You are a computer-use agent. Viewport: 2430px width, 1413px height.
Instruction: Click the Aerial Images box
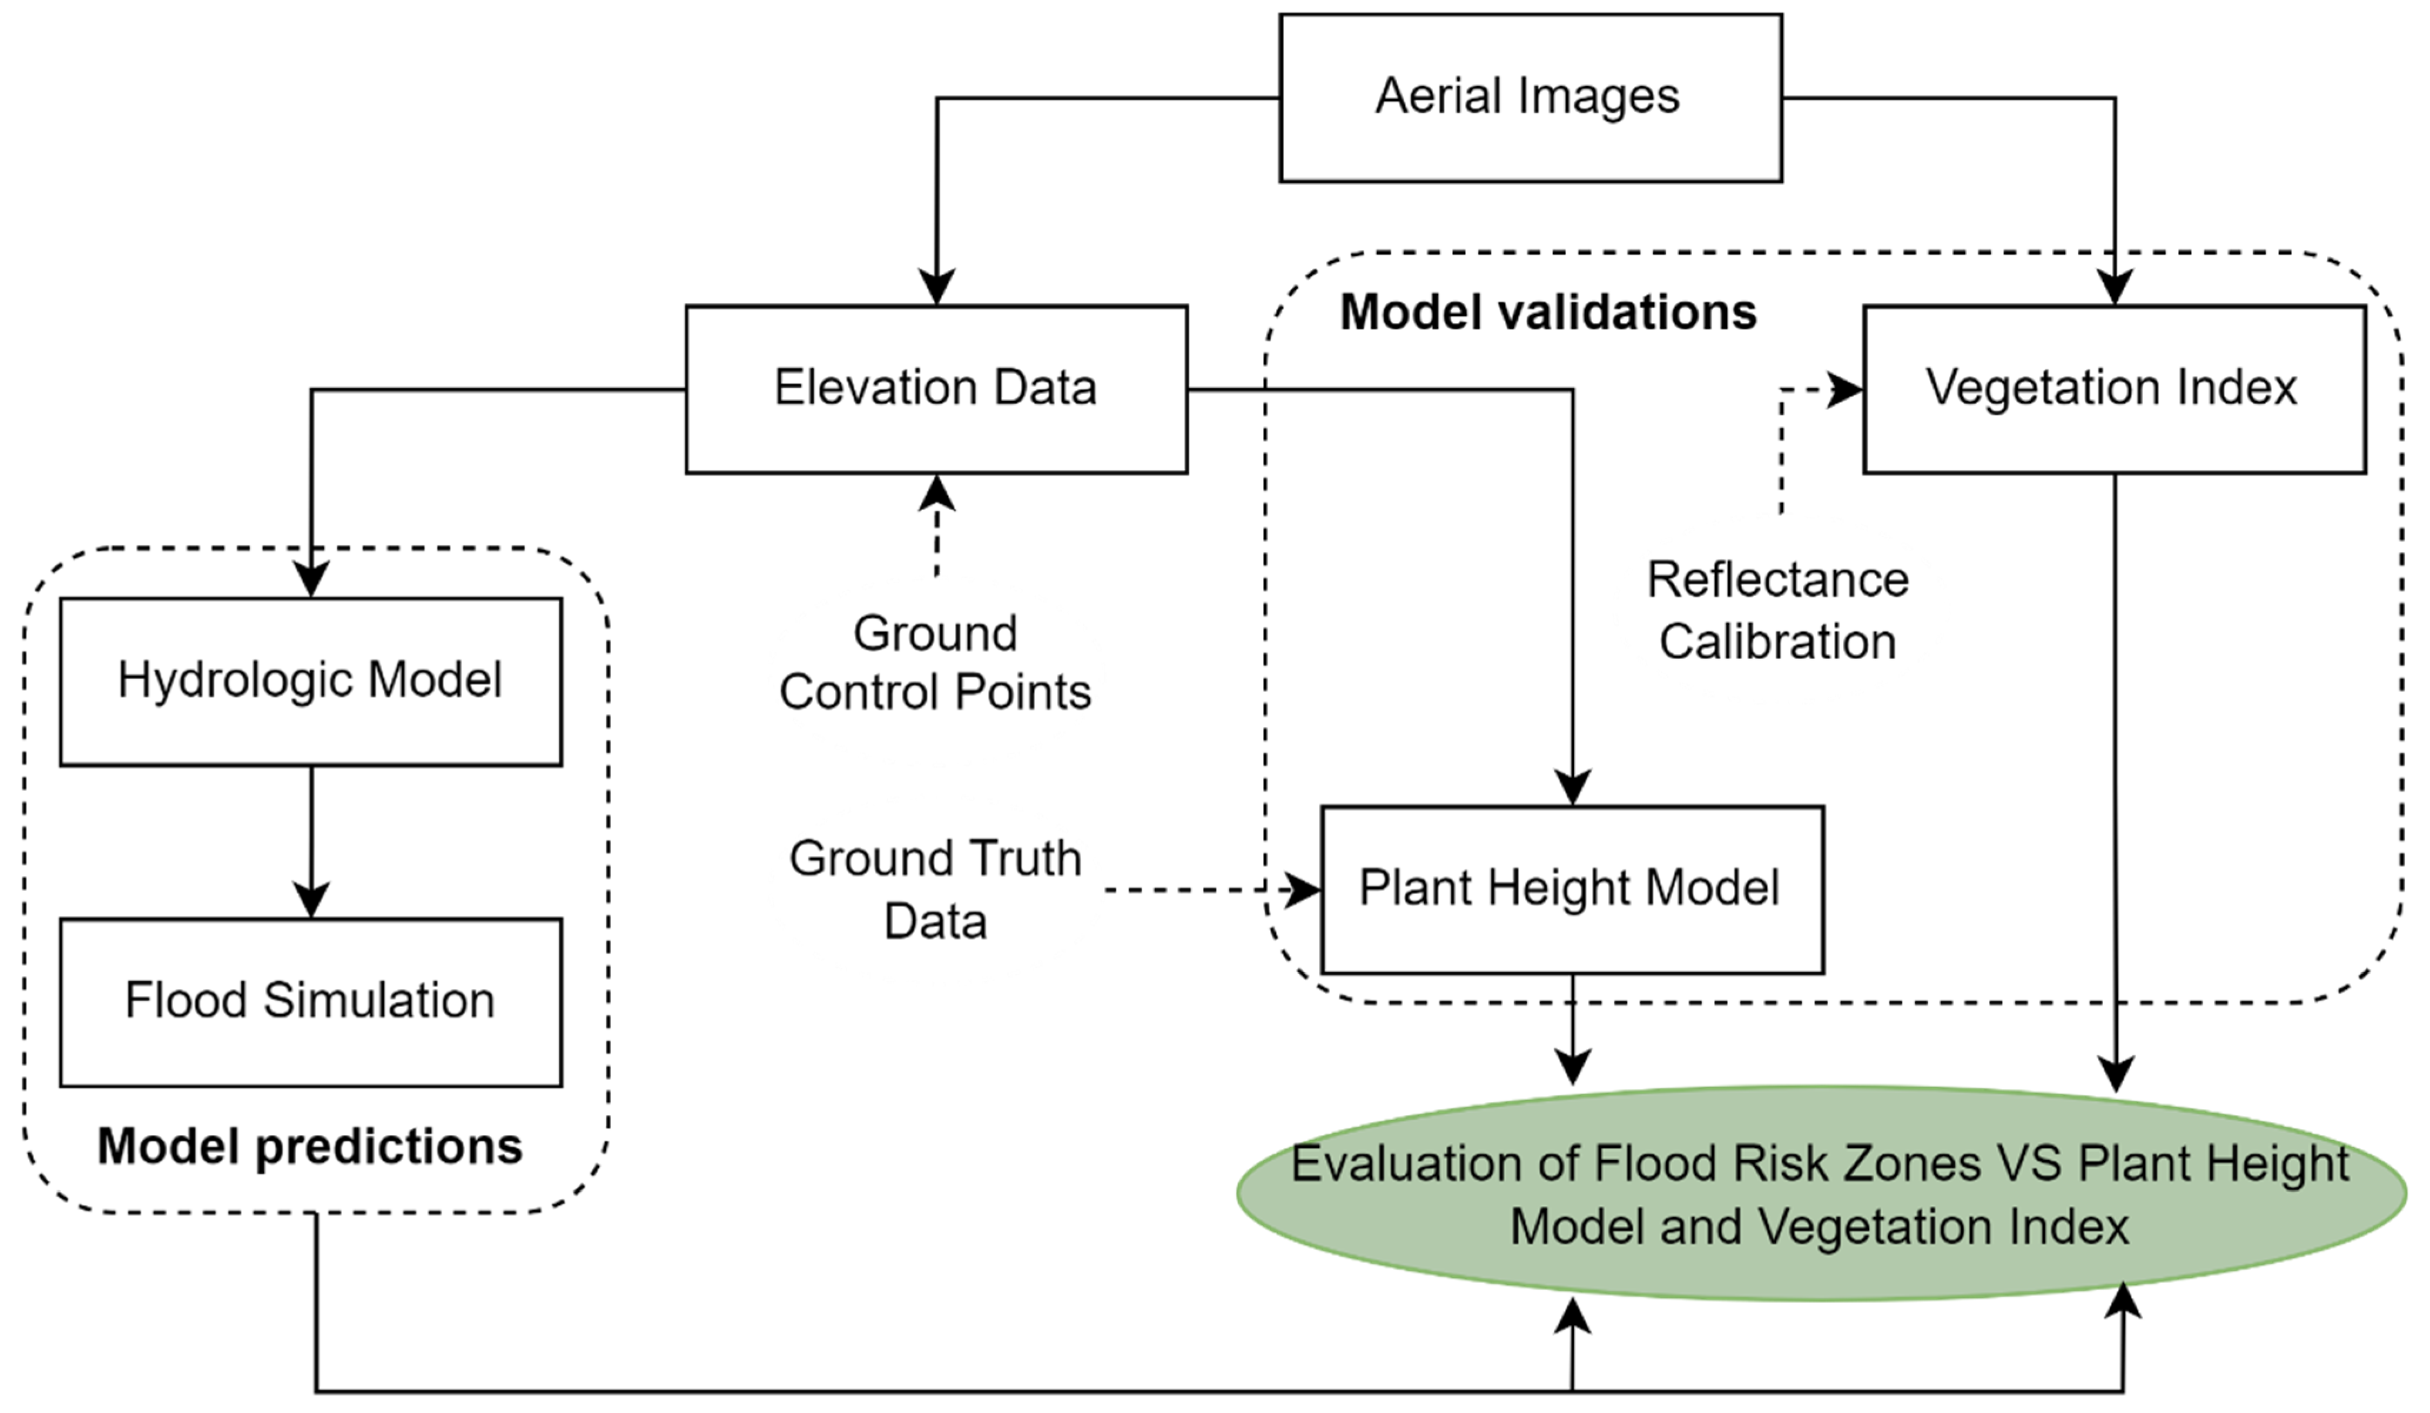(x=1530, y=98)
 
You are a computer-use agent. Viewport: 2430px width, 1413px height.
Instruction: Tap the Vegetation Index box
(x=2114, y=390)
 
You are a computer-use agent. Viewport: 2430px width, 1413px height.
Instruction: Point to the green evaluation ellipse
(x=1820, y=1194)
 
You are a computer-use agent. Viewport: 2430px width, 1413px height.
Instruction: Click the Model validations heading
(x=1548, y=313)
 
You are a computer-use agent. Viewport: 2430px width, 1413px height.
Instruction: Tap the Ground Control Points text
(x=935, y=663)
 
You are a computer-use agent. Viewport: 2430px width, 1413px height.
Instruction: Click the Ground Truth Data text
(x=935, y=890)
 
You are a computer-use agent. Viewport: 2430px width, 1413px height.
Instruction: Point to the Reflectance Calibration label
(x=1777, y=610)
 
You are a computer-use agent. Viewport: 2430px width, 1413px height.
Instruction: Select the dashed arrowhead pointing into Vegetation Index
(x=1846, y=390)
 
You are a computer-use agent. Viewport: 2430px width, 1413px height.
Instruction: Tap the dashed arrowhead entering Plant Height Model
(x=1304, y=890)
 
